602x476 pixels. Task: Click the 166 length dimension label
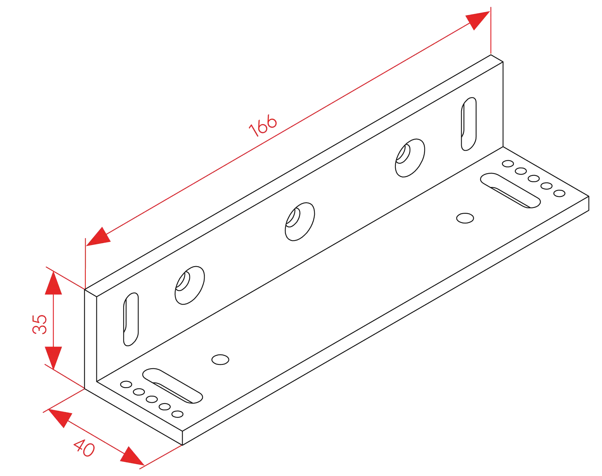[263, 125]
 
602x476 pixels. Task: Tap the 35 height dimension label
[40, 324]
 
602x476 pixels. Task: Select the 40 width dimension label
[84, 448]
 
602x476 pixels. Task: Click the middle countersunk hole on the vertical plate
[299, 222]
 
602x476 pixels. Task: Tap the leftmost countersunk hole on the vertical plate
[190, 285]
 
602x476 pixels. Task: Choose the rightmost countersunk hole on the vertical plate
[410, 158]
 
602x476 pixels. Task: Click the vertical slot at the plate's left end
[131, 319]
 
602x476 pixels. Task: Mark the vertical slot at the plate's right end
[469, 124]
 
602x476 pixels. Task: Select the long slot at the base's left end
[172, 386]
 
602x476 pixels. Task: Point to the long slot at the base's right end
[510, 190]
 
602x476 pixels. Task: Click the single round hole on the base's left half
[220, 359]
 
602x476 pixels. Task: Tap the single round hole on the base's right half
[465, 218]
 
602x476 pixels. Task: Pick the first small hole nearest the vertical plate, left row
[126, 384]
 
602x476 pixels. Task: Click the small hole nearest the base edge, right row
[559, 193]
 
